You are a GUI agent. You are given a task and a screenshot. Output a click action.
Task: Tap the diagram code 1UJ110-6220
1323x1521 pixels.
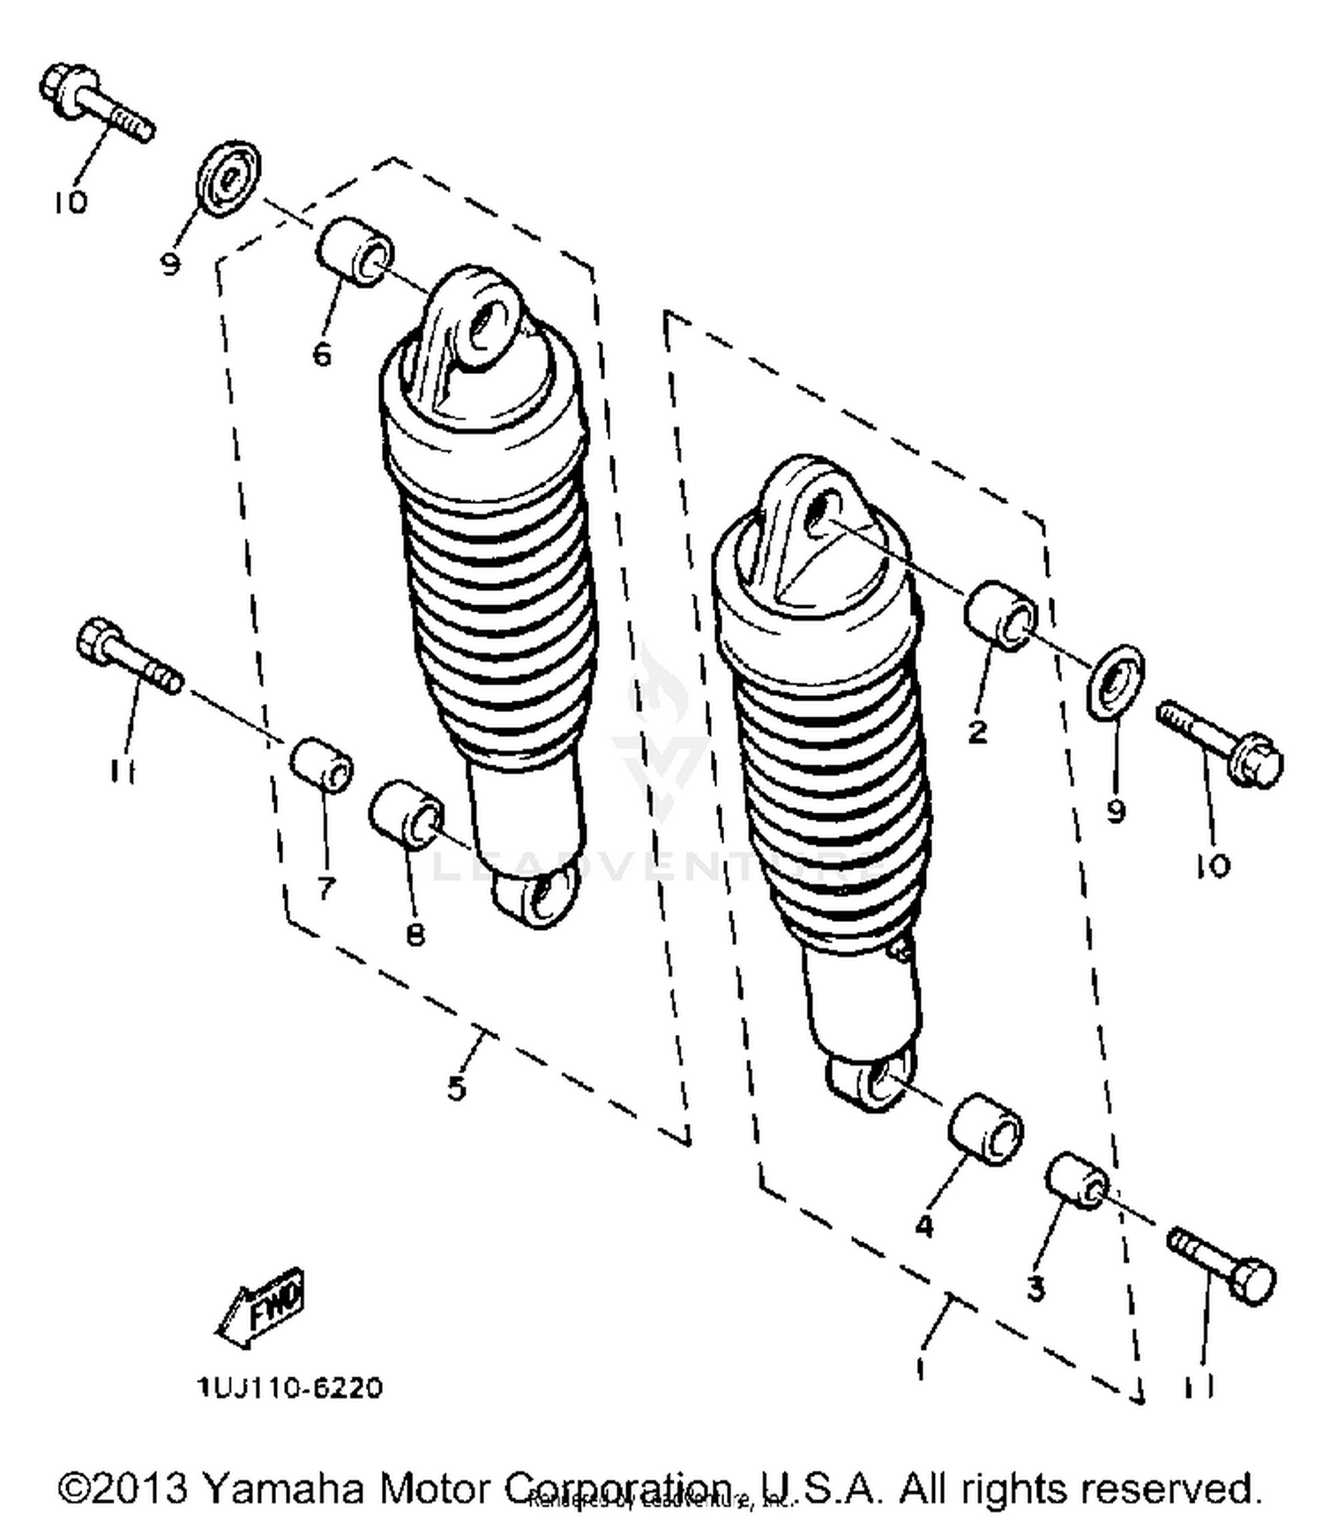click(x=290, y=1388)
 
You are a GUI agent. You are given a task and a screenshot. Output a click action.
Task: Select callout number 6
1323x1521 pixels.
click(x=322, y=355)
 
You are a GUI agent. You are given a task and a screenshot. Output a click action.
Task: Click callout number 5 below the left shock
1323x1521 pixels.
click(x=456, y=1089)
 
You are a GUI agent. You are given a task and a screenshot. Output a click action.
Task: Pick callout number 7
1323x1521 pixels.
click(x=326, y=888)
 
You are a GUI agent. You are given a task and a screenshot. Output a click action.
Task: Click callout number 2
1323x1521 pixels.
click(x=977, y=731)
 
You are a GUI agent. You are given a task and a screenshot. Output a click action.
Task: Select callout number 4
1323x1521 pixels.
click(x=924, y=1225)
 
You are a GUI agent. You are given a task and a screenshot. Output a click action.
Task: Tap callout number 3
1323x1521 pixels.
click(x=1035, y=1289)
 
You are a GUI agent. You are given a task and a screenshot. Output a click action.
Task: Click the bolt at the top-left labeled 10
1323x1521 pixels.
click(x=95, y=104)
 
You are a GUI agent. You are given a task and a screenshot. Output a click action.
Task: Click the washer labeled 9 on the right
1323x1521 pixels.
click(x=1117, y=678)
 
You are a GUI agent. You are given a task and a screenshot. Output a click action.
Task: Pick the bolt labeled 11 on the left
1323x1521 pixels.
click(x=129, y=658)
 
